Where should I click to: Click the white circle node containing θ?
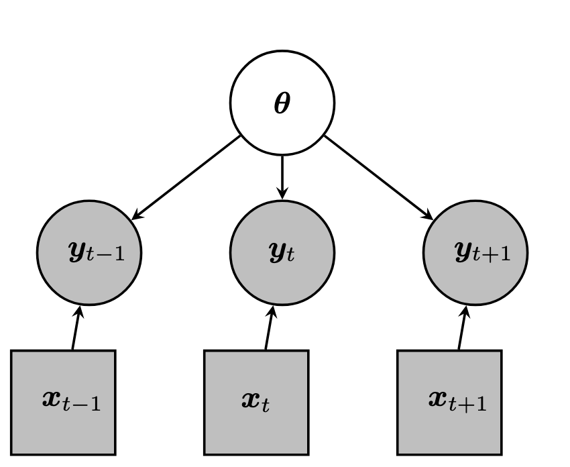pyautogui.click(x=282, y=103)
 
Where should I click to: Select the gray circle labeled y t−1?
pyautogui.click(x=89, y=253)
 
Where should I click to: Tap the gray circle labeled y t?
pyautogui.click(x=282, y=253)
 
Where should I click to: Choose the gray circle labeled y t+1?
pyautogui.click(x=475, y=253)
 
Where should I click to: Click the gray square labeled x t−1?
pyautogui.click(x=63, y=402)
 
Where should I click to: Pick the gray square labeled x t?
pyautogui.click(x=256, y=402)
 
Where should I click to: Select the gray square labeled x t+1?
pyautogui.click(x=449, y=402)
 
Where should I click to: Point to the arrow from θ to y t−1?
pyautogui.click(x=186, y=178)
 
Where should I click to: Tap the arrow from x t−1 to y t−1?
pyautogui.click(x=76, y=328)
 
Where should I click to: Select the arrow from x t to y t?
pyautogui.click(x=270, y=328)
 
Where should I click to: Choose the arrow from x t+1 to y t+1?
pyautogui.click(x=463, y=328)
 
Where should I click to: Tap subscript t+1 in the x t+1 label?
pyautogui.click(x=473, y=404)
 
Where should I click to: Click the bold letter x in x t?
pyautogui.click(x=251, y=401)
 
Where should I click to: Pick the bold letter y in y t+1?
pyautogui.click(x=462, y=252)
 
